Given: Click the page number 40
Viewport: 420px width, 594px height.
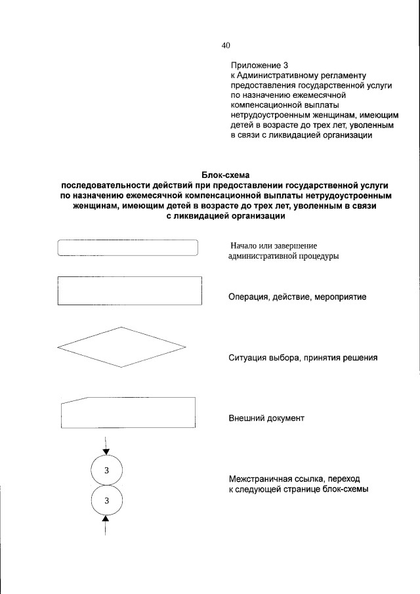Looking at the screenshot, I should [x=226, y=45].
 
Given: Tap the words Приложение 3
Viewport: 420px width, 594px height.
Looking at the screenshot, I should [x=259, y=66].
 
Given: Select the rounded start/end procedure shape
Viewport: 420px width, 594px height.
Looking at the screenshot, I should [x=128, y=247].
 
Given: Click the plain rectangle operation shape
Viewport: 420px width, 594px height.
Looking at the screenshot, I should [x=129, y=290].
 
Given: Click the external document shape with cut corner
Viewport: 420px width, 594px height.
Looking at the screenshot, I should [x=128, y=412].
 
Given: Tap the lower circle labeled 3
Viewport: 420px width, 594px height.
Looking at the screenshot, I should [x=106, y=502].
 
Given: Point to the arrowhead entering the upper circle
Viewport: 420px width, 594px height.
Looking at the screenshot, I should [x=106, y=450].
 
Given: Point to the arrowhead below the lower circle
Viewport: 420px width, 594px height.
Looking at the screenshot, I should [x=106, y=522].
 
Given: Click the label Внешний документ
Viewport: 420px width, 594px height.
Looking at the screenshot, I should [x=266, y=418].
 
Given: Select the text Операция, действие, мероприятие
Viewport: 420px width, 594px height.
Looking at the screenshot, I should [x=297, y=297].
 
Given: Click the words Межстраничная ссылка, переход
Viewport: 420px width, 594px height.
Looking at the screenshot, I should [x=294, y=480].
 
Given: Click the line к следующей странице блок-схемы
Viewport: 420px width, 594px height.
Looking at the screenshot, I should [x=299, y=490].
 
